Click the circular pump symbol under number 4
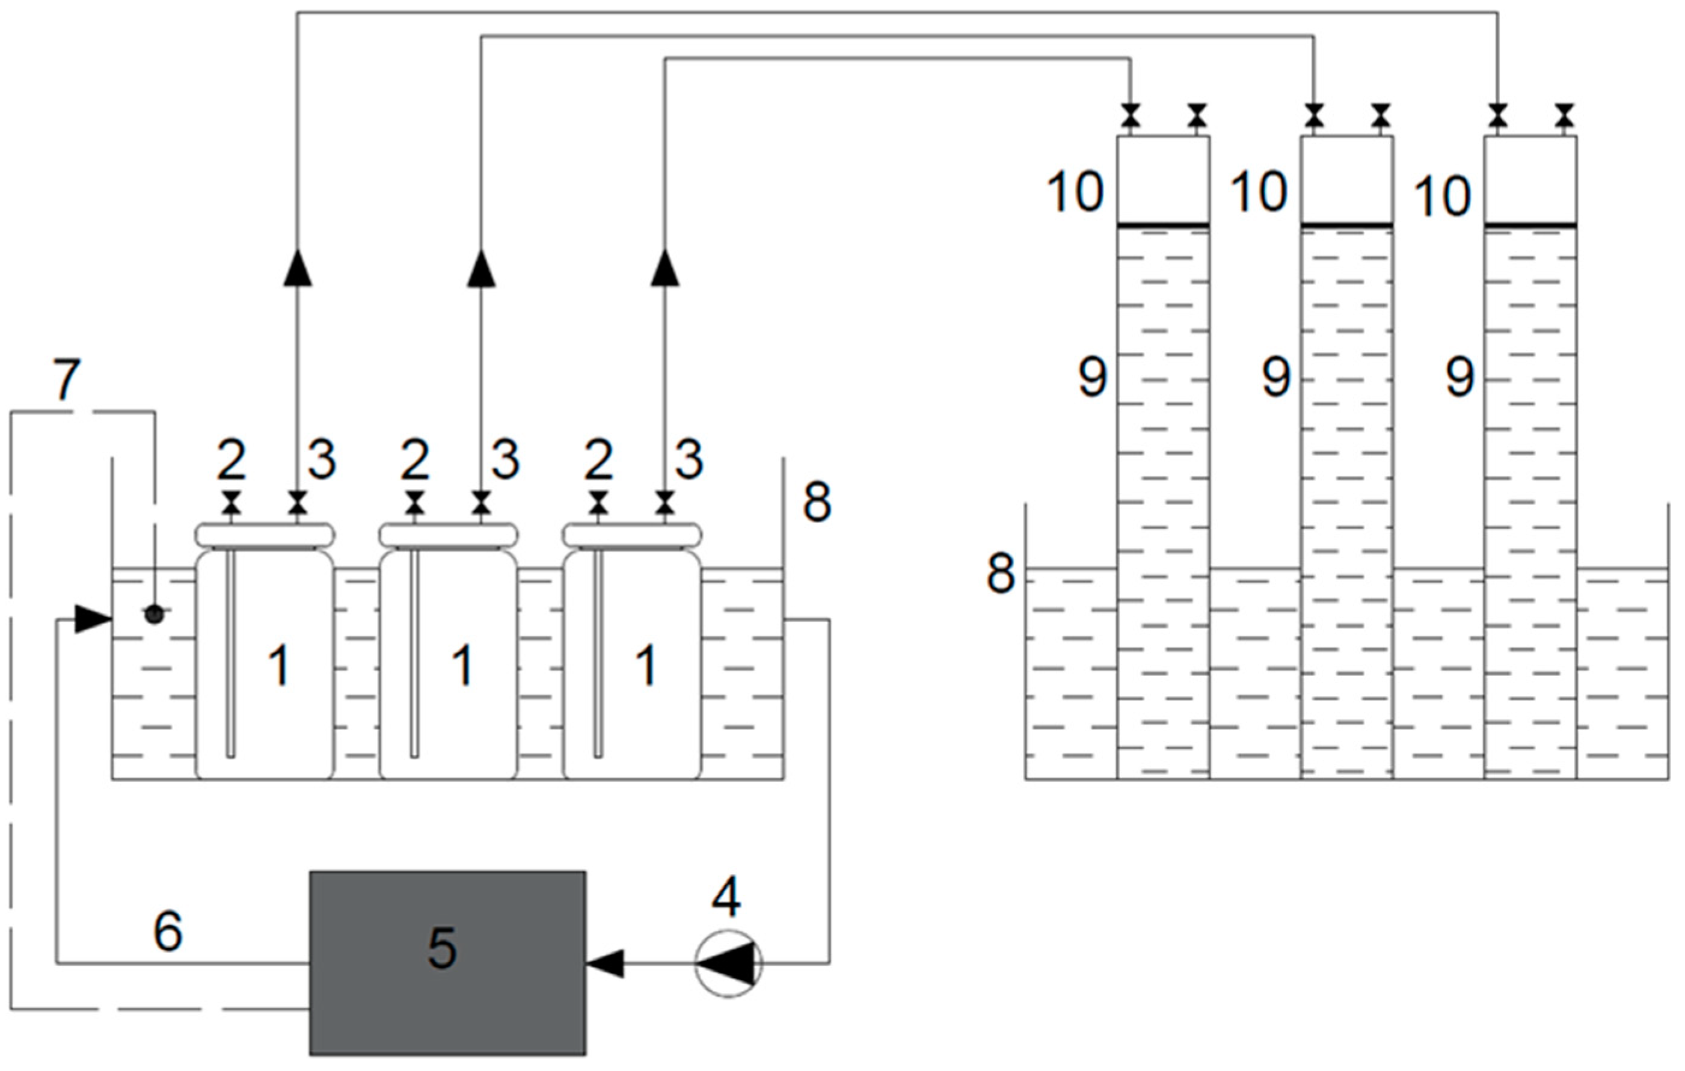pos(728,963)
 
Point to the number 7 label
pos(67,381)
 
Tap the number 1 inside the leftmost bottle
pos(279,665)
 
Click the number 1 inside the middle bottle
pos(462,665)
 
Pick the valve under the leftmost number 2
pos(231,502)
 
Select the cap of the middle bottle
pos(449,535)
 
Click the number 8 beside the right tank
pos(1000,574)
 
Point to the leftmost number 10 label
pos(1075,192)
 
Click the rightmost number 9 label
pos(1460,378)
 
